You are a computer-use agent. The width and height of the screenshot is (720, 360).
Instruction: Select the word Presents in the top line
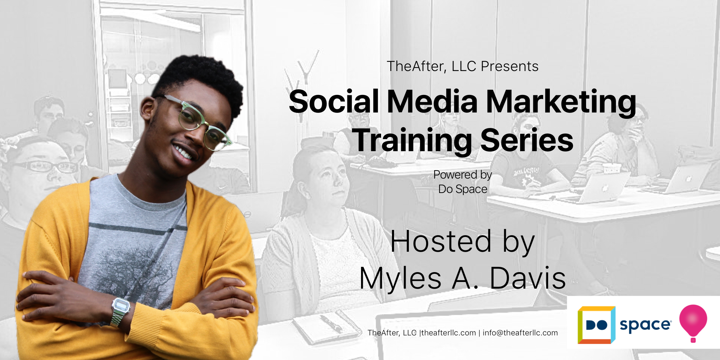point(509,66)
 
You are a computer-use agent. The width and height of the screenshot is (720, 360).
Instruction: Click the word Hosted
point(441,242)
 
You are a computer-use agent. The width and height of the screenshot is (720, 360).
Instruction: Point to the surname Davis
point(528,278)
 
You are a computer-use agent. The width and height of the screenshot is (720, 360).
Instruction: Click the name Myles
point(400,278)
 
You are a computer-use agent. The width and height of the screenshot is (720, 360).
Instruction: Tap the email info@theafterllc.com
point(520,333)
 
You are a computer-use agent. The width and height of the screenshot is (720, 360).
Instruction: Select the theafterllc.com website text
point(449,333)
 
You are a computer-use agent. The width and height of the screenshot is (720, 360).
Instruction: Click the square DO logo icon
point(597,325)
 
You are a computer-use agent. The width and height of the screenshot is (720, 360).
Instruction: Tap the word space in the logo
point(645,325)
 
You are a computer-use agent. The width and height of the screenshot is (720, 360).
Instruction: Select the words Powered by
point(462,175)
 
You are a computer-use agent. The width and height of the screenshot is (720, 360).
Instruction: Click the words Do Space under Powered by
point(463,189)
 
